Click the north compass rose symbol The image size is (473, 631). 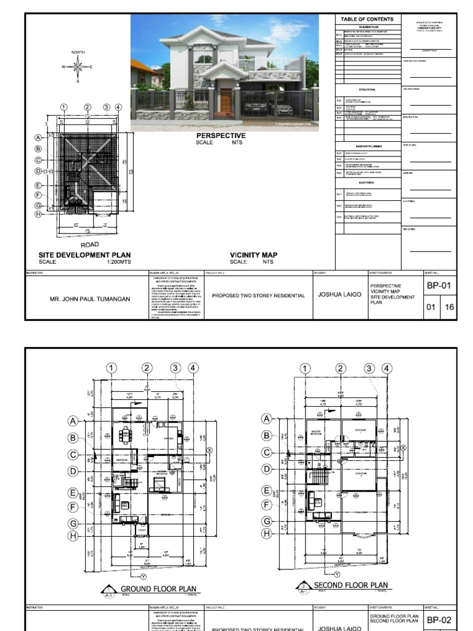[x=78, y=67]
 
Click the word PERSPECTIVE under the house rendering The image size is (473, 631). [x=220, y=136]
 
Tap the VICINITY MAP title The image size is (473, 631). [x=254, y=255]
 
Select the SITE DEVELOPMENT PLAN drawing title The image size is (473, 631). [x=84, y=255]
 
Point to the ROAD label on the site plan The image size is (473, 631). [x=89, y=245]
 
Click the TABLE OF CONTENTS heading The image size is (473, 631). [x=366, y=20]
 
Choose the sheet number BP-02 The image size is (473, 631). [x=440, y=620]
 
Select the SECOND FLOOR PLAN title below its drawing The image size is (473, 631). [x=350, y=585]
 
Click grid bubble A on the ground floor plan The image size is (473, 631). [x=73, y=421]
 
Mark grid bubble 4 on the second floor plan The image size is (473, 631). [x=387, y=368]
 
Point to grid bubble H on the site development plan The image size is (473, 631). [x=38, y=214]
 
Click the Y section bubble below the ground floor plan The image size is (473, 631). [x=144, y=576]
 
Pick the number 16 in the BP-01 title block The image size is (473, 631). [x=449, y=307]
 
